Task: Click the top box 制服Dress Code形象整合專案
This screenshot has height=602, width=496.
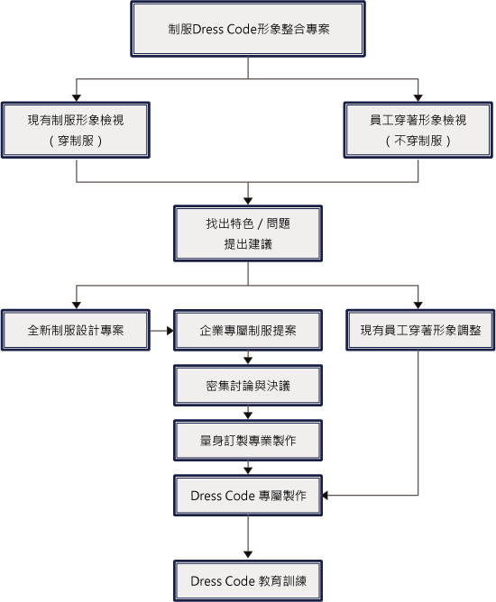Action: pos(248,29)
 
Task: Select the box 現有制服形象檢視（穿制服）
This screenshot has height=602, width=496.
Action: pos(76,130)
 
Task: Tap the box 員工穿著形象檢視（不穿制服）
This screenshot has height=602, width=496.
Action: pos(418,130)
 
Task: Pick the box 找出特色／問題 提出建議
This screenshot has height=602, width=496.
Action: pos(248,233)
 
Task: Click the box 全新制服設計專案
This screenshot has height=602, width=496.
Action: pos(76,330)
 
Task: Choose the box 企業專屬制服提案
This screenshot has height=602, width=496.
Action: pos(248,330)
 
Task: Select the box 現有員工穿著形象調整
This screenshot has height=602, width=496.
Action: pos(420,330)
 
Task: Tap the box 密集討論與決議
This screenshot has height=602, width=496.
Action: pos(248,386)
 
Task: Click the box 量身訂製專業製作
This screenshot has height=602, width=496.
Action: pos(248,441)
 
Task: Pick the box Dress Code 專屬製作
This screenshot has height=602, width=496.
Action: pos(248,496)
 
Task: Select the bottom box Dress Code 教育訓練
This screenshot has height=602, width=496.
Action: pos(248,581)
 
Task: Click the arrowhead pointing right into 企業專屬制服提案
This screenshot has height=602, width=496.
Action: pos(170,330)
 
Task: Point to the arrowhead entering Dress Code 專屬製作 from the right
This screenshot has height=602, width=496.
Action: pos(325,496)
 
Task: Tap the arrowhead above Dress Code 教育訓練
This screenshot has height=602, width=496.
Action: pos(248,555)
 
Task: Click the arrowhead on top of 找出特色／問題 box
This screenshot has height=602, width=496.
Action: pos(248,201)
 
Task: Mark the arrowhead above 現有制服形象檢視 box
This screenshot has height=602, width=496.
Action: pos(77,98)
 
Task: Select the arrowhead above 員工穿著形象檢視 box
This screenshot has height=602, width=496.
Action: pos(418,98)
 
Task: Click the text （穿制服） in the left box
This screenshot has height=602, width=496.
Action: pos(76,141)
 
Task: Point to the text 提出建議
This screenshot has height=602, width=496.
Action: pos(248,244)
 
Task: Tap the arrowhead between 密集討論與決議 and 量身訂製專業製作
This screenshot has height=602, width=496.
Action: pos(248,415)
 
